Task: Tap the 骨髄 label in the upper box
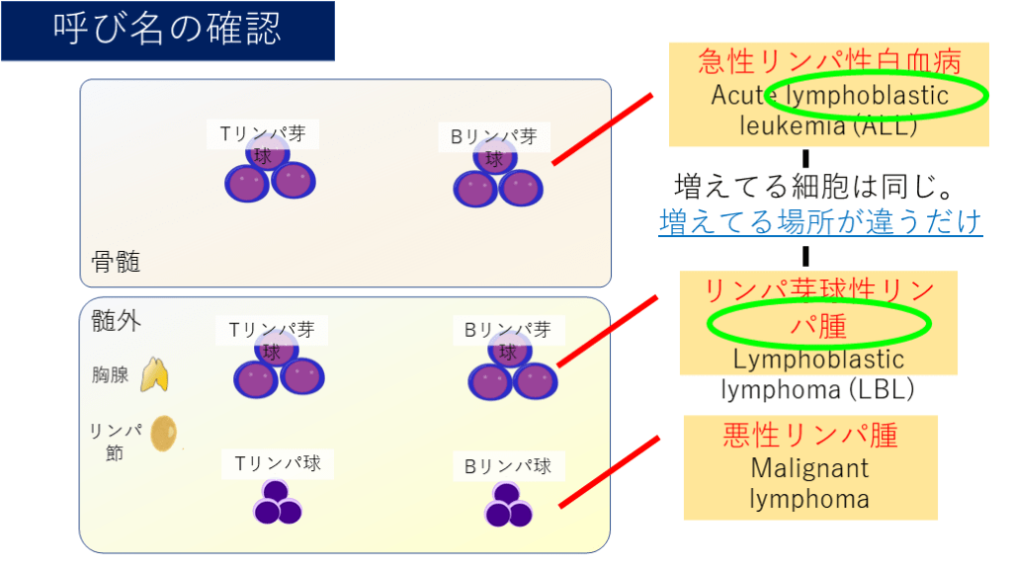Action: (115, 262)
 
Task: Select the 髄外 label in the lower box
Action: (116, 320)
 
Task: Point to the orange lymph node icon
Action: (164, 434)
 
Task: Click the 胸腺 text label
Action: (111, 375)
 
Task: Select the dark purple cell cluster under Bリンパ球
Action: (508, 506)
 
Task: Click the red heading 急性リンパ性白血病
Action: (828, 61)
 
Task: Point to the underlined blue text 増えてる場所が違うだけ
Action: (820, 221)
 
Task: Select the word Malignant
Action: (809, 467)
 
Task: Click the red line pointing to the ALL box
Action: (602, 129)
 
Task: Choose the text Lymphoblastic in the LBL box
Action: (819, 359)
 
